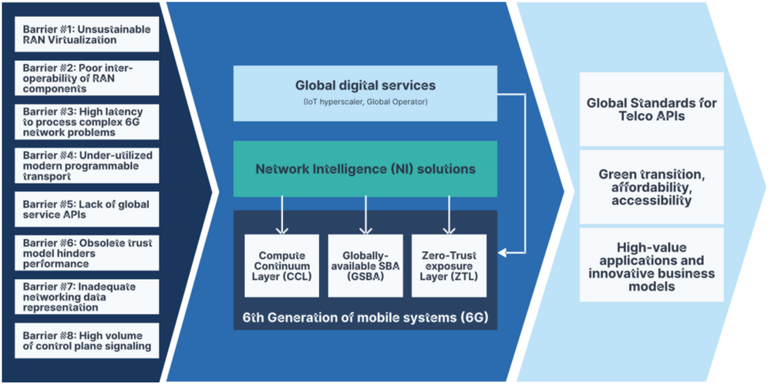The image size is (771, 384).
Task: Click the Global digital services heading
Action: (x=365, y=86)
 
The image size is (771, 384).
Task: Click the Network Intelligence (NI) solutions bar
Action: (x=365, y=168)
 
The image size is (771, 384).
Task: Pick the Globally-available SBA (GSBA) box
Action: (x=366, y=265)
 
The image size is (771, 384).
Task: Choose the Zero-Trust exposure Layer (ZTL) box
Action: (x=449, y=265)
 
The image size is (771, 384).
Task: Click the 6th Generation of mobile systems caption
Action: (x=365, y=316)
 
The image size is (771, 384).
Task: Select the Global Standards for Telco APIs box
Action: (x=651, y=109)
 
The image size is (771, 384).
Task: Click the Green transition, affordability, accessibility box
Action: (x=651, y=187)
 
